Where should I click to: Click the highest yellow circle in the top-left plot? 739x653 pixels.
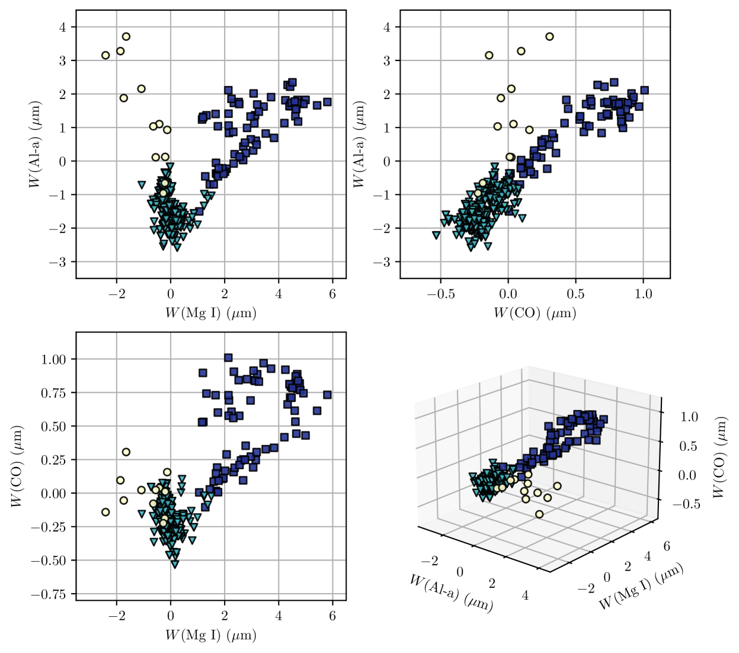(126, 37)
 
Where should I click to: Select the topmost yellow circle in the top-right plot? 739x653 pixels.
(549, 37)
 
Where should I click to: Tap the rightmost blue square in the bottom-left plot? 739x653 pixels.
(327, 395)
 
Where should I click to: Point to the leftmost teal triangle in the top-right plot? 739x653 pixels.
(436, 235)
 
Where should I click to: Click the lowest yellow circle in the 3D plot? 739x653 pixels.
(539, 514)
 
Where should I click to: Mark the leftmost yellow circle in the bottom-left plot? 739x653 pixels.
(105, 512)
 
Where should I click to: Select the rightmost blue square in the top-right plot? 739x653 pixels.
(645, 90)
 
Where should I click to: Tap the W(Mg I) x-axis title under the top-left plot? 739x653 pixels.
(210, 312)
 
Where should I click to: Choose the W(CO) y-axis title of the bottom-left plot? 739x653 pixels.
(17, 466)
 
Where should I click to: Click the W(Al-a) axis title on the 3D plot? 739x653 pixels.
(450, 593)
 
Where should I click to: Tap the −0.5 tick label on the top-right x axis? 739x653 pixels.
(440, 294)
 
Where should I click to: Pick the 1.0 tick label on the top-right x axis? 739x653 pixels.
(643, 294)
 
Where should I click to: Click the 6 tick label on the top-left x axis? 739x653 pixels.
(332, 294)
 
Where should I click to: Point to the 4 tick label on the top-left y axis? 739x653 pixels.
(63, 27)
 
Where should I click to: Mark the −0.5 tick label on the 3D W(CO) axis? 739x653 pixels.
(686, 504)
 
